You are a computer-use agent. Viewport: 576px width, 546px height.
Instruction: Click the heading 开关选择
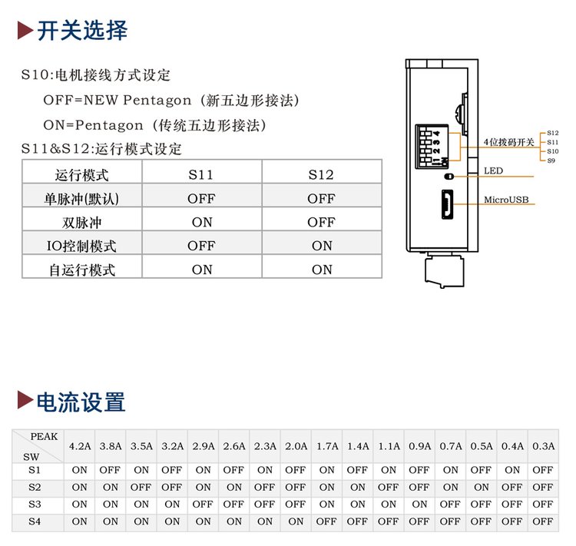[x=82, y=31]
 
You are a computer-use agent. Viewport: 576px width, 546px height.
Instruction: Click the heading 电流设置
[x=81, y=402]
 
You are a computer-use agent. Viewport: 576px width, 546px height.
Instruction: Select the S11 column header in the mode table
[x=201, y=174]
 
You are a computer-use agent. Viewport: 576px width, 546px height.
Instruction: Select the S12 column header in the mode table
[x=321, y=174]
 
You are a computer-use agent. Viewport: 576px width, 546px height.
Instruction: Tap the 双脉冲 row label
[x=81, y=222]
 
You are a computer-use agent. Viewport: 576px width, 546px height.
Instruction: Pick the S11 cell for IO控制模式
[x=201, y=246]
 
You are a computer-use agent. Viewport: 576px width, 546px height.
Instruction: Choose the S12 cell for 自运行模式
[x=321, y=270]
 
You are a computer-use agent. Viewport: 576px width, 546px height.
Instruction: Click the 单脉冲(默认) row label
[x=81, y=198]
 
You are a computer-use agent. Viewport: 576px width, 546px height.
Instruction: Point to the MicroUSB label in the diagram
[x=506, y=200]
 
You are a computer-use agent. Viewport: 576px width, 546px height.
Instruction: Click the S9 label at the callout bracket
[x=551, y=160]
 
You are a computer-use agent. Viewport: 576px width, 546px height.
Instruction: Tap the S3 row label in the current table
[x=34, y=505]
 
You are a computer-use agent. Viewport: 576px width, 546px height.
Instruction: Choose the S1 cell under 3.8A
[x=111, y=470]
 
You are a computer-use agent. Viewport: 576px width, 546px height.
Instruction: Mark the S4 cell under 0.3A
[x=543, y=521]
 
